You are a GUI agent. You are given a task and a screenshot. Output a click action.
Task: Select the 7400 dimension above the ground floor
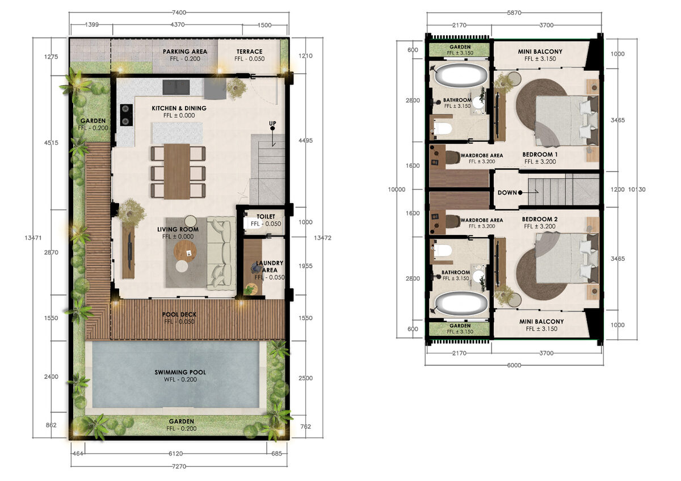pyautogui.click(x=179, y=12)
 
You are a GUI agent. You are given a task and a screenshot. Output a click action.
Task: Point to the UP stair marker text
pyautogui.click(x=272, y=123)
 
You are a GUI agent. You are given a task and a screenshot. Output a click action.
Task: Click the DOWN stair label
pyautogui.click(x=507, y=193)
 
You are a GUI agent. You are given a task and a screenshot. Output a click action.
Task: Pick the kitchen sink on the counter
pyautogui.click(x=176, y=87)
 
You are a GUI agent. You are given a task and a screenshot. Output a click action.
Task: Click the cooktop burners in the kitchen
pyautogui.click(x=126, y=115)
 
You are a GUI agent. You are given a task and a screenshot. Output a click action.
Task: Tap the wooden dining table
pyautogui.click(x=177, y=171)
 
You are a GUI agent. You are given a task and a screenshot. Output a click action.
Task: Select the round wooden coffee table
pyautogui.click(x=185, y=251)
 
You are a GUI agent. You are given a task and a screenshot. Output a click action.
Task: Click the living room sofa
pyautogui.click(x=221, y=253)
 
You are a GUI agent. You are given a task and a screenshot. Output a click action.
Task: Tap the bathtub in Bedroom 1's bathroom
pyautogui.click(x=461, y=75)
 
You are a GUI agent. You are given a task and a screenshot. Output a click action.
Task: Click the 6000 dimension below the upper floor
pyautogui.click(x=514, y=365)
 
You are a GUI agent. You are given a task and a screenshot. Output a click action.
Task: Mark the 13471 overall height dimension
pyautogui.click(x=33, y=238)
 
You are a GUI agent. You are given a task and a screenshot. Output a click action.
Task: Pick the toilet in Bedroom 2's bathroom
pyautogui.click(x=442, y=250)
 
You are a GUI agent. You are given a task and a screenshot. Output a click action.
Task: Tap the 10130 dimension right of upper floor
pyautogui.click(x=637, y=189)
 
